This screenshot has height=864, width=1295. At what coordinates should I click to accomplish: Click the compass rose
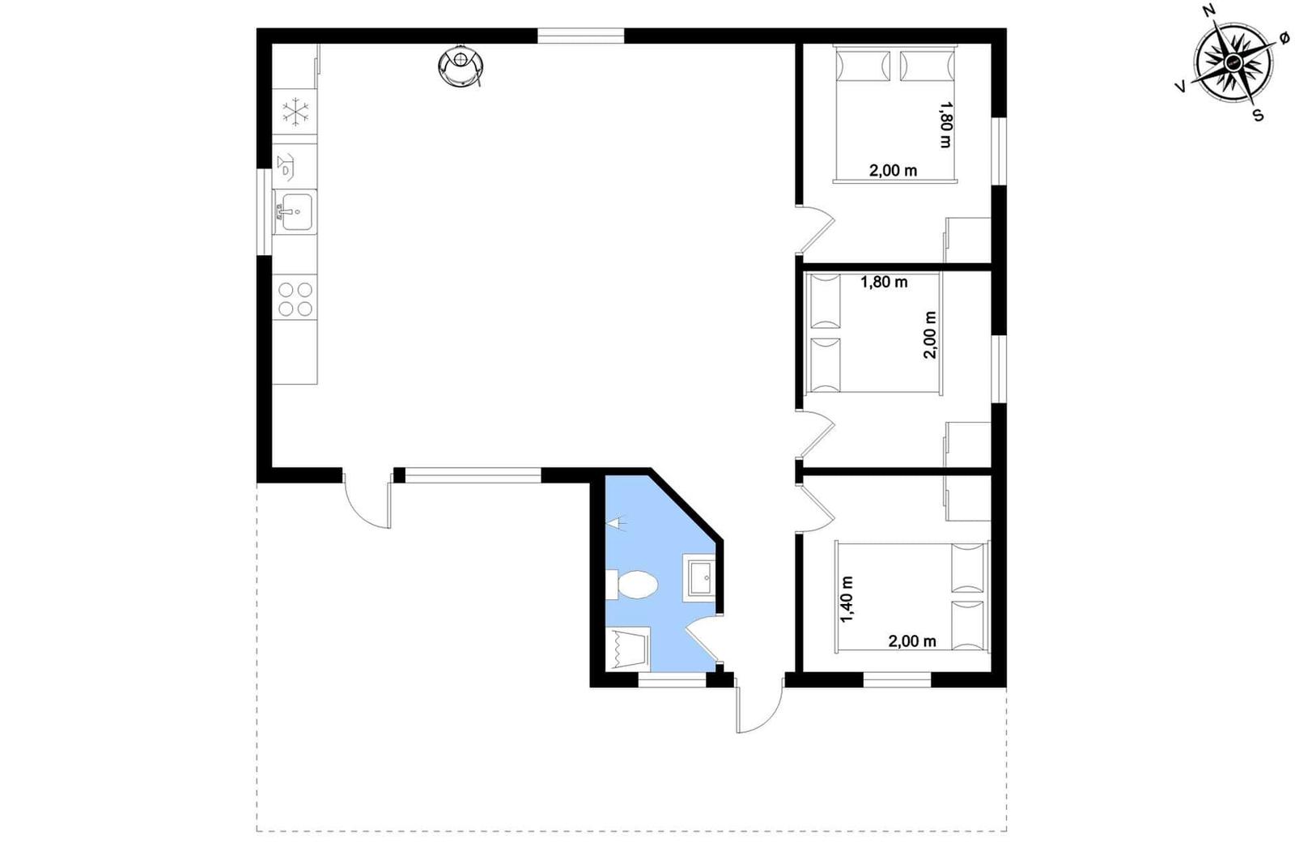1233,62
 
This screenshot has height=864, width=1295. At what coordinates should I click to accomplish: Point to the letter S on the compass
1258,115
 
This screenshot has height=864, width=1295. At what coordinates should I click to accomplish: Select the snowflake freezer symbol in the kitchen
295,112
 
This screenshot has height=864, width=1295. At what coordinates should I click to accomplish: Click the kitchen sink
295,211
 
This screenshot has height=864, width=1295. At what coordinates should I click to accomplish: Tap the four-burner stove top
295,299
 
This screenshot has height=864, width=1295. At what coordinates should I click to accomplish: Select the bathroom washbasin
699,577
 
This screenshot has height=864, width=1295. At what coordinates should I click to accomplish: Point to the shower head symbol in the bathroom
616,523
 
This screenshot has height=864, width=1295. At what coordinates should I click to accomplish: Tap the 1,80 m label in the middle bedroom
884,283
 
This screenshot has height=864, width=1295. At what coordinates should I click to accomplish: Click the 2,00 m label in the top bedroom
894,171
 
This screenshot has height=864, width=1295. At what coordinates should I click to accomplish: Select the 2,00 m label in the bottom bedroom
912,641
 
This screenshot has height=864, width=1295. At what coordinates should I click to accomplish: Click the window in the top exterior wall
581,36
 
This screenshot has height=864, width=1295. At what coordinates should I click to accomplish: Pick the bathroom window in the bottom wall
672,680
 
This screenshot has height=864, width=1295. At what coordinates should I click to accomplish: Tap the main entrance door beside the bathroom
760,710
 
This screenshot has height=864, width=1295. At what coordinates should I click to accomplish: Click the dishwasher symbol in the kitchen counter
285,167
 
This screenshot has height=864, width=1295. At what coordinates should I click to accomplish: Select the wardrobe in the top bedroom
967,240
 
